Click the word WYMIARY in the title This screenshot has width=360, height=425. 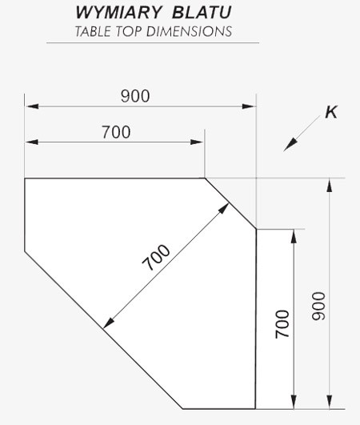118,13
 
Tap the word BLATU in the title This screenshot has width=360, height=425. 202,13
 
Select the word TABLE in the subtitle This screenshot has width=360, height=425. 93,31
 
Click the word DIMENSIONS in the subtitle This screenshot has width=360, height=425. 189,31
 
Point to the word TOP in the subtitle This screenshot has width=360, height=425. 129,31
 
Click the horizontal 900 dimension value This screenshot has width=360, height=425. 135,96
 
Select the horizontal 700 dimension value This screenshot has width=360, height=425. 116,132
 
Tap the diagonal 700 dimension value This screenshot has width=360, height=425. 156,258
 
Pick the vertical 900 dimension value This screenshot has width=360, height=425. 318,307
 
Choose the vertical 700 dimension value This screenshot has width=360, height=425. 282,324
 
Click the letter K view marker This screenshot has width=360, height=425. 331,112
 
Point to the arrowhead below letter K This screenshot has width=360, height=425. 290,145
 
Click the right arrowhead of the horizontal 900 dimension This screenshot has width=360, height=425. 248,106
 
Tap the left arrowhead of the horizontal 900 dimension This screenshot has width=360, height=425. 32,106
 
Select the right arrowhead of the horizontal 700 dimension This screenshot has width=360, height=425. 197,142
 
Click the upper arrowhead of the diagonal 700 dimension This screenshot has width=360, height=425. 223,209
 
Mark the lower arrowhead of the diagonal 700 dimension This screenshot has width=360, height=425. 109,323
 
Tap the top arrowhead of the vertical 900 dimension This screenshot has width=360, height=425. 330,186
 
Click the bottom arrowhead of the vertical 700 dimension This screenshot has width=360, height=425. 294,402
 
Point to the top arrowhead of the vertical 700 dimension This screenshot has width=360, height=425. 294,236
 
